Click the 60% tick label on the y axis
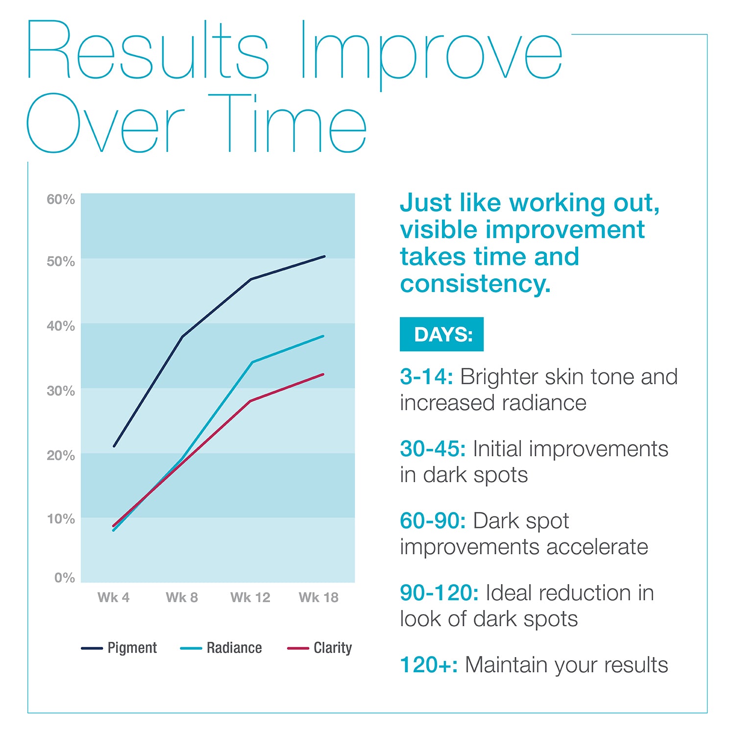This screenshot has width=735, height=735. (x=61, y=199)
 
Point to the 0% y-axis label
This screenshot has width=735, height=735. (x=64, y=578)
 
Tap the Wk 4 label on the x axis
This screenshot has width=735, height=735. (x=113, y=597)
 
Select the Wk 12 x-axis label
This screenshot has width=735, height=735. (x=250, y=597)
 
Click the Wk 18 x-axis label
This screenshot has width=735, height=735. (x=318, y=597)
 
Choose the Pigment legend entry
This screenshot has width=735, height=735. (x=119, y=648)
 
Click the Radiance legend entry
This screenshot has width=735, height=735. (x=221, y=648)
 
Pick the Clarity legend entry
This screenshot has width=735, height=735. (x=319, y=648)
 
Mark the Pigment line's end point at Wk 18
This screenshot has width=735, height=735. (x=324, y=256)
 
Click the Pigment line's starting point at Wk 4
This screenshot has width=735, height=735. (x=114, y=446)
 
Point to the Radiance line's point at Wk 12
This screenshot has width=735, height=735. (x=251, y=362)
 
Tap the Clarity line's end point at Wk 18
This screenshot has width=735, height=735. (x=323, y=374)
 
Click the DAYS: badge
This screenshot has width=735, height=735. (x=441, y=334)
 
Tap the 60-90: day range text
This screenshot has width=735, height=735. (x=433, y=521)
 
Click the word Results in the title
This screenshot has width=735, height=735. (x=147, y=51)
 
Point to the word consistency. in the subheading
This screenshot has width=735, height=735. (x=475, y=284)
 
